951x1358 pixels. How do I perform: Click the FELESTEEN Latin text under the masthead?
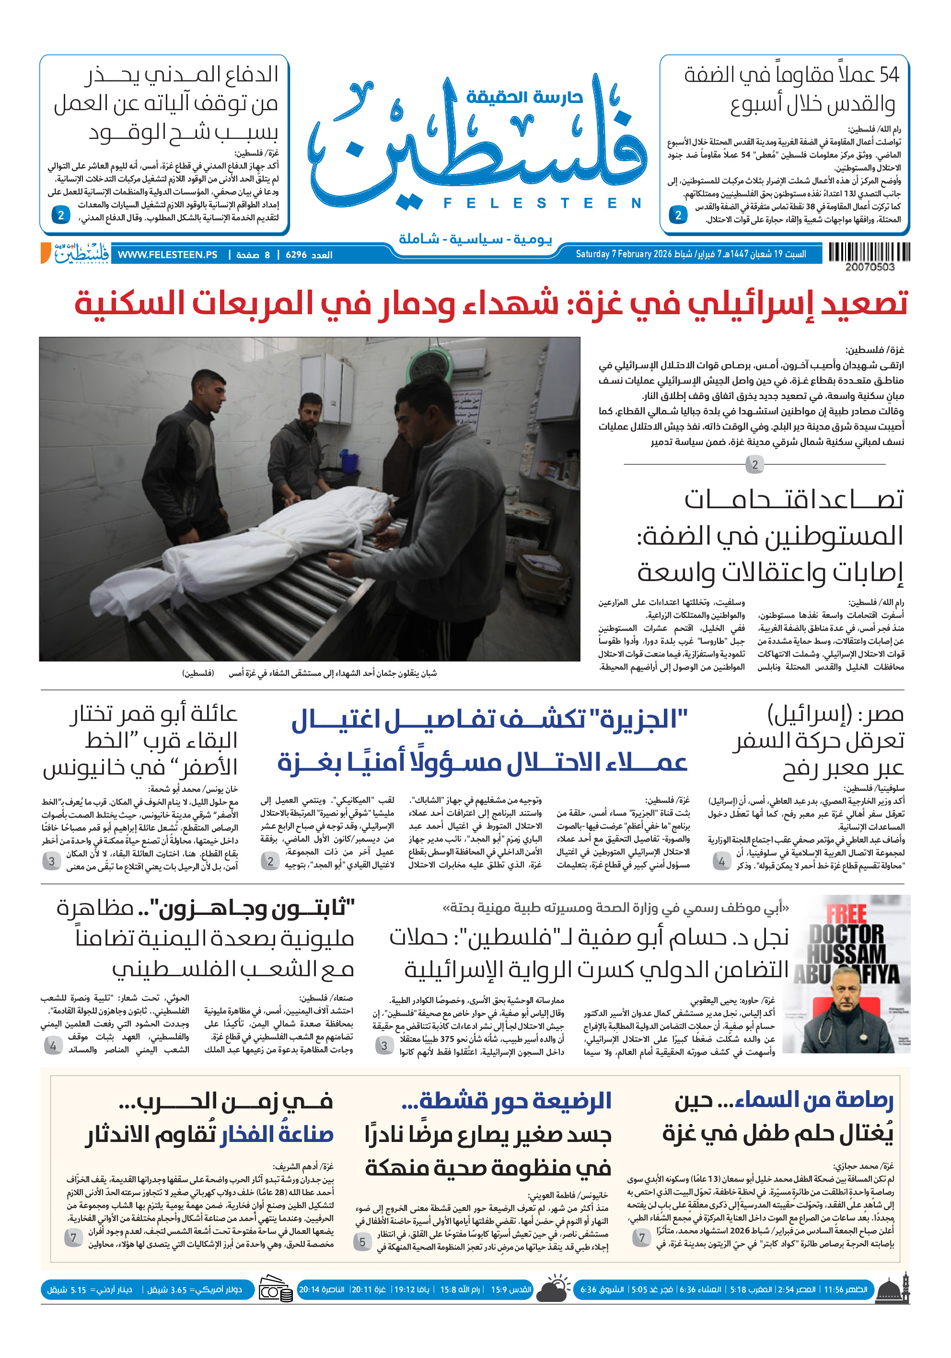[542, 204]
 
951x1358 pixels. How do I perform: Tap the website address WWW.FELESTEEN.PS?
[167, 255]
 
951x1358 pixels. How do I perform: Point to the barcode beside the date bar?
[869, 252]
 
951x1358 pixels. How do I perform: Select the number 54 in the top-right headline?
[888, 75]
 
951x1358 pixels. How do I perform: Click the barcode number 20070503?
[870, 267]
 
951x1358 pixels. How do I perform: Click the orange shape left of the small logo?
[45, 253]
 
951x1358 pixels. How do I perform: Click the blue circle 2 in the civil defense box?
[60, 215]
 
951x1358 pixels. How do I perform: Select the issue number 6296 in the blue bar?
[296, 255]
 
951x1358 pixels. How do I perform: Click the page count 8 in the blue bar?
[267, 255]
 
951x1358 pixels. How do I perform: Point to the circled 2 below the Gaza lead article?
[754, 465]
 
